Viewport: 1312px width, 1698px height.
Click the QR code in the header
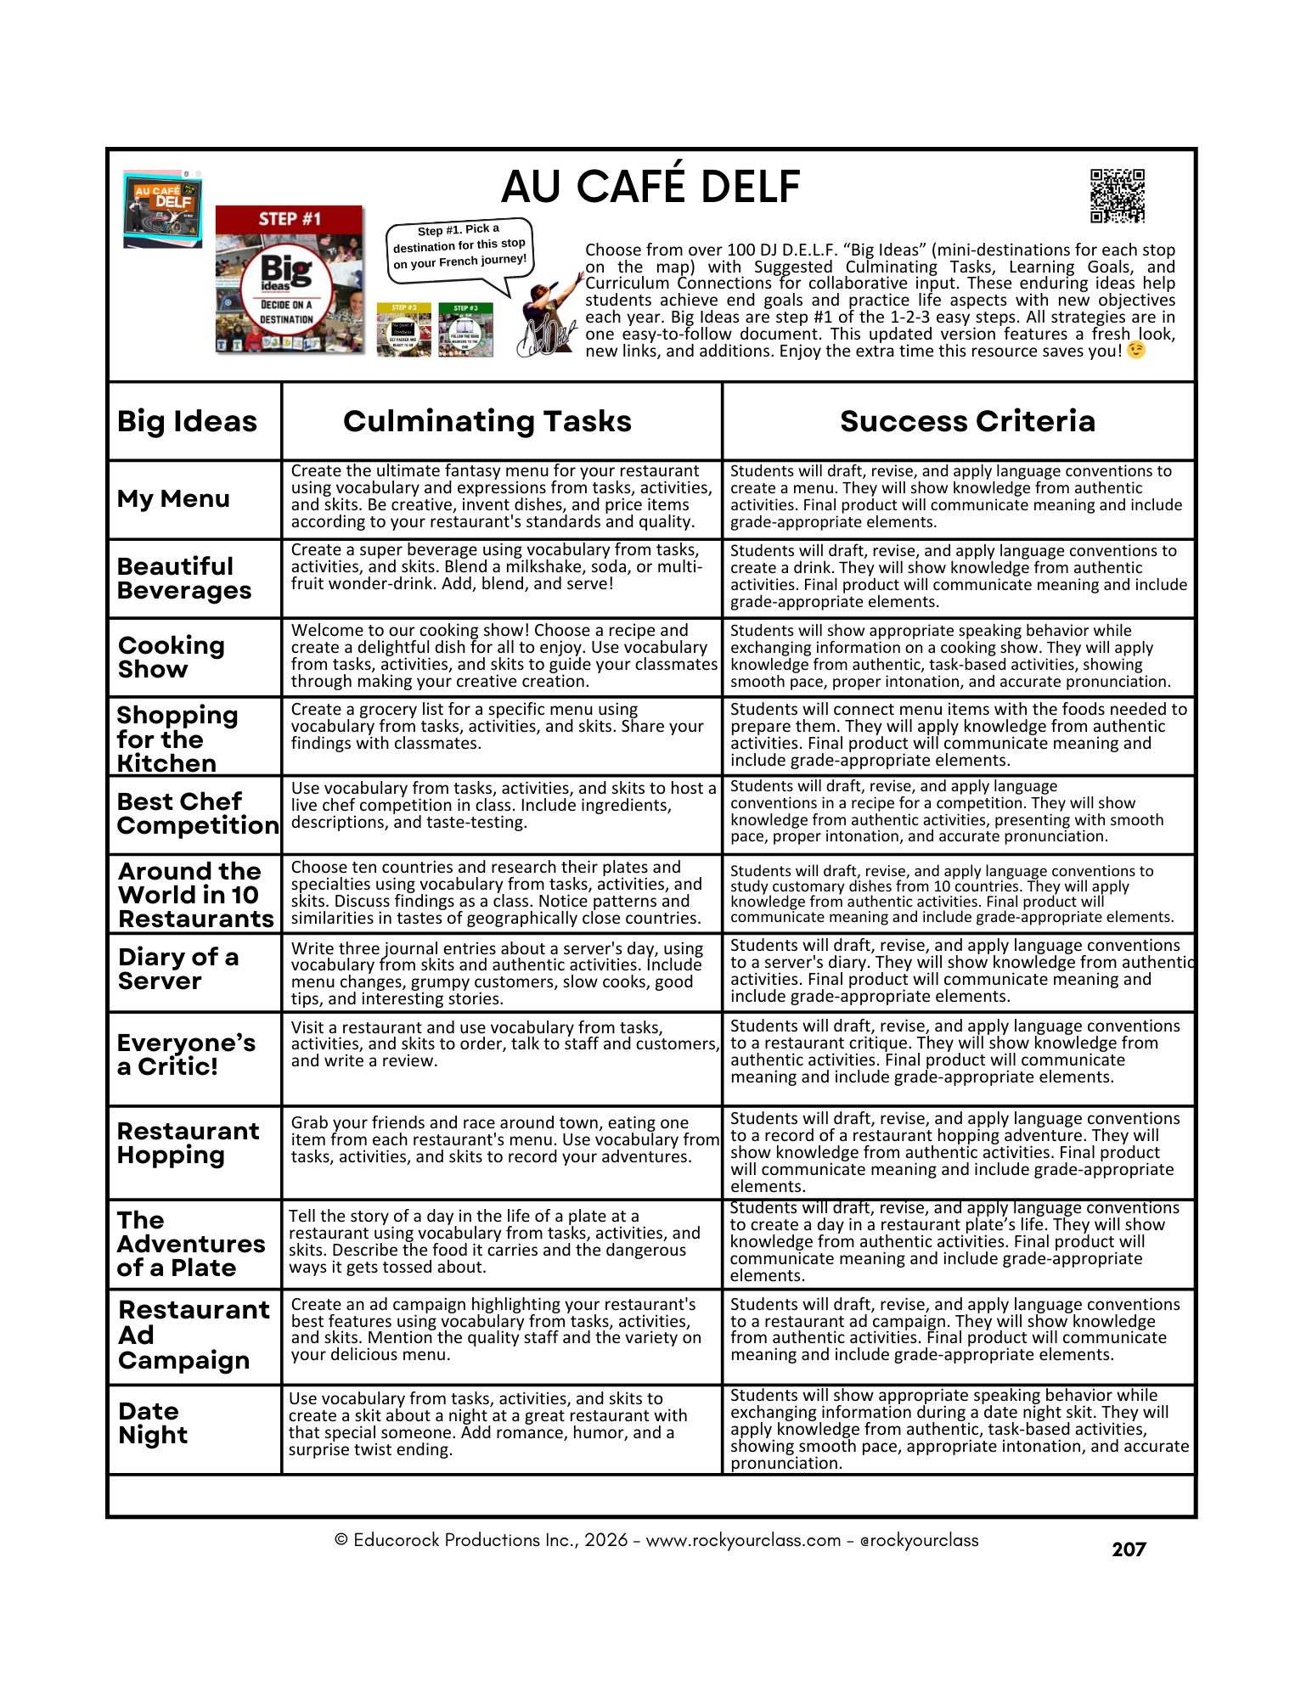coord(1117,196)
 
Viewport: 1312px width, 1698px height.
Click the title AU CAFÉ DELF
coord(650,187)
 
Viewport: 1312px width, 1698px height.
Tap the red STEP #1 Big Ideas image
coord(289,279)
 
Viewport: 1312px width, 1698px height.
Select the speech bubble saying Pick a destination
coord(459,247)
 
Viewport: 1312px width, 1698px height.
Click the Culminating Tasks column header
coord(487,421)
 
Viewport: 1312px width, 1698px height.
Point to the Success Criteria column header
coord(967,421)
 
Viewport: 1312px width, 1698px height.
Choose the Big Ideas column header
coord(187,421)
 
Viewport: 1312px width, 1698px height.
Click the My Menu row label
coord(173,498)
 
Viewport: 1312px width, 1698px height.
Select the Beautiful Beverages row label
coord(183,578)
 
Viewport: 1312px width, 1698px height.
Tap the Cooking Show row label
coord(171,657)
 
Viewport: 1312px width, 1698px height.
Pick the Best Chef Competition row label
coord(197,813)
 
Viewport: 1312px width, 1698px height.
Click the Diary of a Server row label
coord(178,969)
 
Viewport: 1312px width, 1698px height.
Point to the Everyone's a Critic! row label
coord(186,1054)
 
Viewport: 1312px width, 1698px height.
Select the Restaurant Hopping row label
coord(188,1143)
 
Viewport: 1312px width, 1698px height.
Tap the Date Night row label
coord(153,1423)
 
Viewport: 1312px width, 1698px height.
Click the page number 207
coord(1129,1549)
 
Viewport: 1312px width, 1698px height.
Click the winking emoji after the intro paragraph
coord(1135,351)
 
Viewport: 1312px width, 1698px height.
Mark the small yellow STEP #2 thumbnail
coord(404,329)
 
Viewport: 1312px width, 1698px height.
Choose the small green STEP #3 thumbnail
coord(465,329)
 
